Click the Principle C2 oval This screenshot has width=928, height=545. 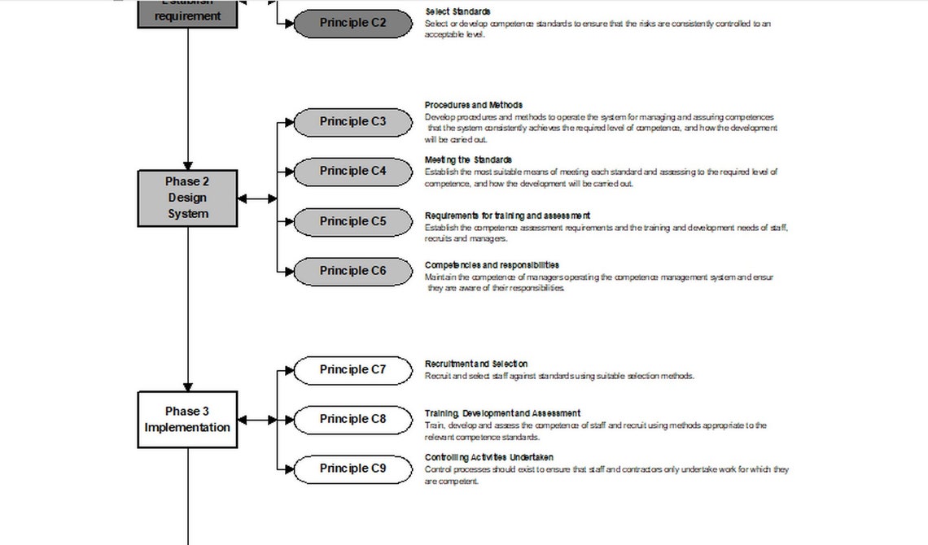352,24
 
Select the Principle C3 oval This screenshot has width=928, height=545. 352,122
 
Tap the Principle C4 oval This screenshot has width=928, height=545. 352,172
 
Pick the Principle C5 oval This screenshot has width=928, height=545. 352,222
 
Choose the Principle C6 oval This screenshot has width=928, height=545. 352,272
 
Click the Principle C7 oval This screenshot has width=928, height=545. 352,370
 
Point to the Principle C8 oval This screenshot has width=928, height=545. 352,420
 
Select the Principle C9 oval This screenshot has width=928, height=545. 352,469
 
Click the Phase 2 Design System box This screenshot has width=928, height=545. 188,198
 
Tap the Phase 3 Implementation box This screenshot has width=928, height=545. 188,420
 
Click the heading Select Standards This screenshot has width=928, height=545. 457,12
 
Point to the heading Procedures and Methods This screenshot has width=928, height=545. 474,105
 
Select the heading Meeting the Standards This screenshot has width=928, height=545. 468,160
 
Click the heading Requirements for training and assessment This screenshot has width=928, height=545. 507,216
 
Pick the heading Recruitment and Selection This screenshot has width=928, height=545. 476,364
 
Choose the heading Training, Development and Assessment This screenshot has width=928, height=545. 502,413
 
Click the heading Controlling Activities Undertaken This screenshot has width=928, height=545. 489,457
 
